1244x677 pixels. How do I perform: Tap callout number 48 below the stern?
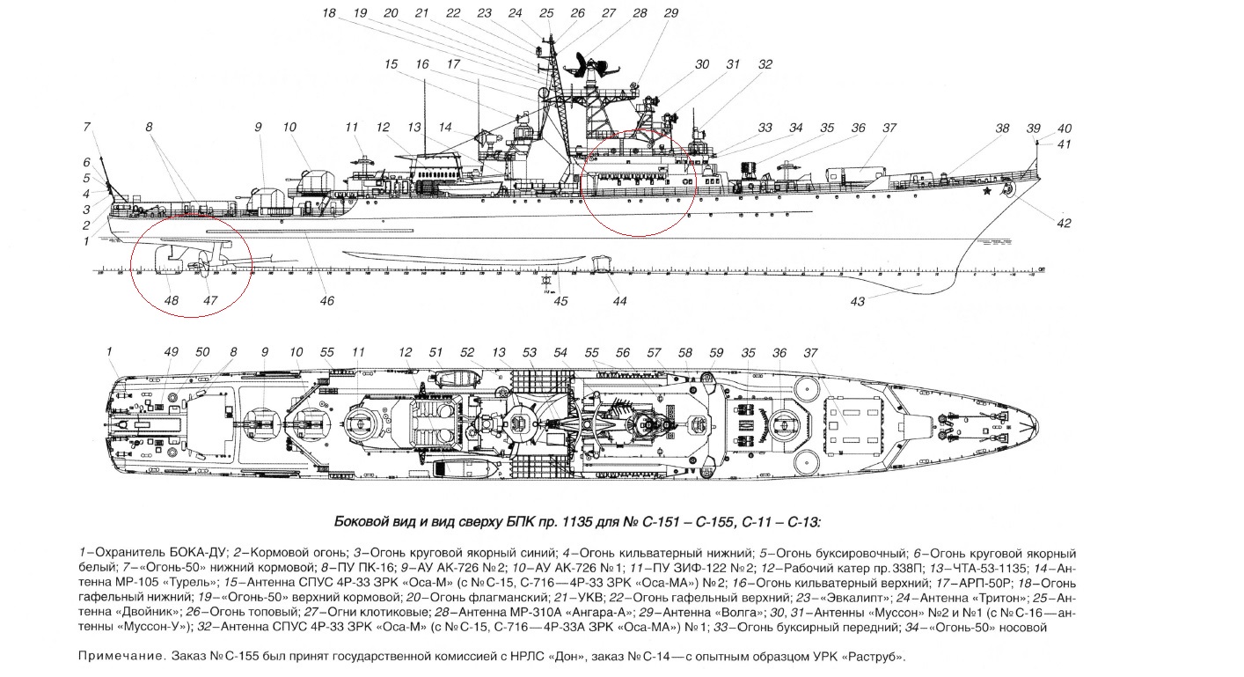[172, 300]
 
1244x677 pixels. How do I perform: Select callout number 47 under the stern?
[210, 300]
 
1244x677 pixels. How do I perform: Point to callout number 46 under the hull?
[326, 301]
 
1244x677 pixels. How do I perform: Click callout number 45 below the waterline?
[560, 301]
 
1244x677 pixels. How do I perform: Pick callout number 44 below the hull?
[619, 301]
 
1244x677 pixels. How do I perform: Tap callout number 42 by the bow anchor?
[1064, 223]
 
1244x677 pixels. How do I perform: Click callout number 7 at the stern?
[87, 128]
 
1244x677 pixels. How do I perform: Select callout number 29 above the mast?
[671, 13]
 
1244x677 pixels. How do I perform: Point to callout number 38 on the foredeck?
[1002, 128]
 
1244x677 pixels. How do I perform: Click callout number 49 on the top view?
[172, 352]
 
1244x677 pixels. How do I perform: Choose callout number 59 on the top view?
[716, 352]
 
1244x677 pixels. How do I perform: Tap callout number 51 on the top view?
[435, 352]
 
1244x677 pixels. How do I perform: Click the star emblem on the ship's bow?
[988, 189]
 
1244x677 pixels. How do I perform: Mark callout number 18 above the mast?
[329, 13]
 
